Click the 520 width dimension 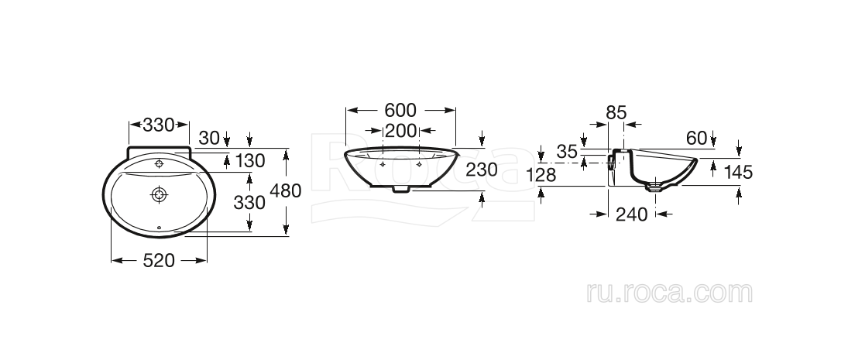160,261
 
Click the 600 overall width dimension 400,110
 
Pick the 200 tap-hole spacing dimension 401,131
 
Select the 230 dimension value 482,170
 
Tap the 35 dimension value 568,153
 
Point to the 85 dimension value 616,112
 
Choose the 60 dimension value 697,138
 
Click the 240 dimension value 631,214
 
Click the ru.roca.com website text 670,293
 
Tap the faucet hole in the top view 160,163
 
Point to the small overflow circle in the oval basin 160,228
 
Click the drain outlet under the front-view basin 401,188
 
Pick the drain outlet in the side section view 657,186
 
